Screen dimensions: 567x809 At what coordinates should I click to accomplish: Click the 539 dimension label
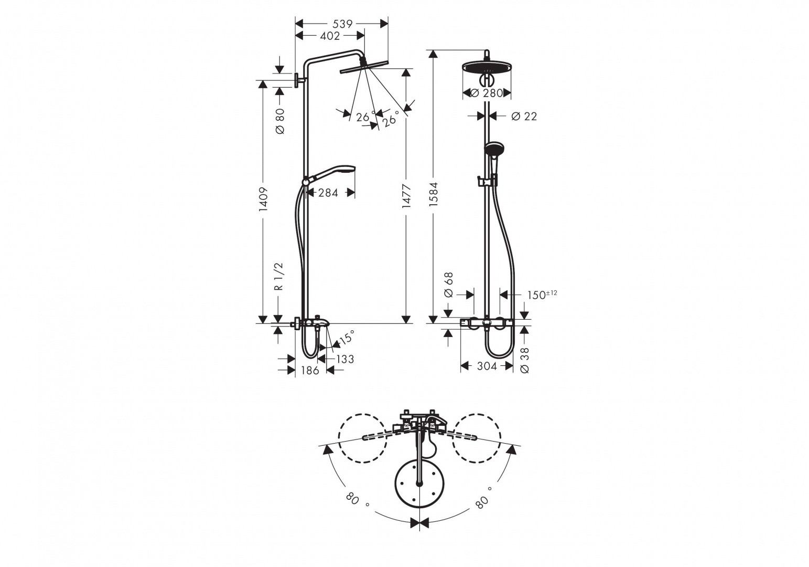[342, 24]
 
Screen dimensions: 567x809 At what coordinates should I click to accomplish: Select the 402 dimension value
[330, 36]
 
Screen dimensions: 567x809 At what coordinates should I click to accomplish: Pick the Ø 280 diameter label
[487, 93]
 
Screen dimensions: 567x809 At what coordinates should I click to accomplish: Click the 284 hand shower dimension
[328, 193]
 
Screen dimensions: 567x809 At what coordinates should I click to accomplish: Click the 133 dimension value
[344, 359]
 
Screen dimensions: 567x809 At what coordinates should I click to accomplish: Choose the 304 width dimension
[487, 366]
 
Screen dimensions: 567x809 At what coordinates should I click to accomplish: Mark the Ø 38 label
[525, 360]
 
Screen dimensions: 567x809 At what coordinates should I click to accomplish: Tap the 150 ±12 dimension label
[542, 295]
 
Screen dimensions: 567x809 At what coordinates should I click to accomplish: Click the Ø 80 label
[279, 121]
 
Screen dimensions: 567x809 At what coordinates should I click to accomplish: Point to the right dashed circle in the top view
[477, 438]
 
